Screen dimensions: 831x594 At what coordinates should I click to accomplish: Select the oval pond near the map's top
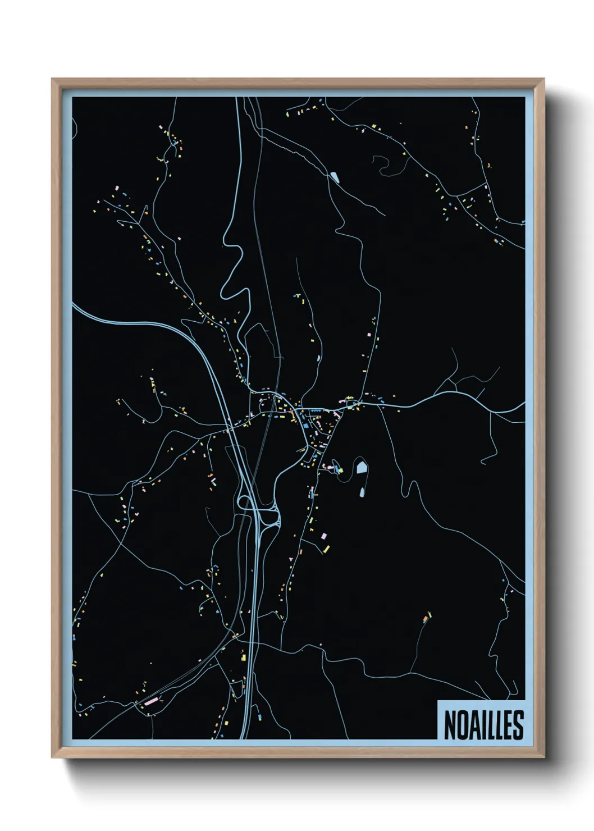point(335,177)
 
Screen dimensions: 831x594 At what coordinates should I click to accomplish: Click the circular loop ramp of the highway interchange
point(245,501)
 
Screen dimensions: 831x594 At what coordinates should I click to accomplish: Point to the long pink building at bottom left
point(150,701)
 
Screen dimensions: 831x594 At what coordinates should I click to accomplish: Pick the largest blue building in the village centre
point(305,426)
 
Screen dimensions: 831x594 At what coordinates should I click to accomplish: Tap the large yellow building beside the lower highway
point(244,656)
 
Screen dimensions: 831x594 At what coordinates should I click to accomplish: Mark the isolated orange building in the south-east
point(426,619)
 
